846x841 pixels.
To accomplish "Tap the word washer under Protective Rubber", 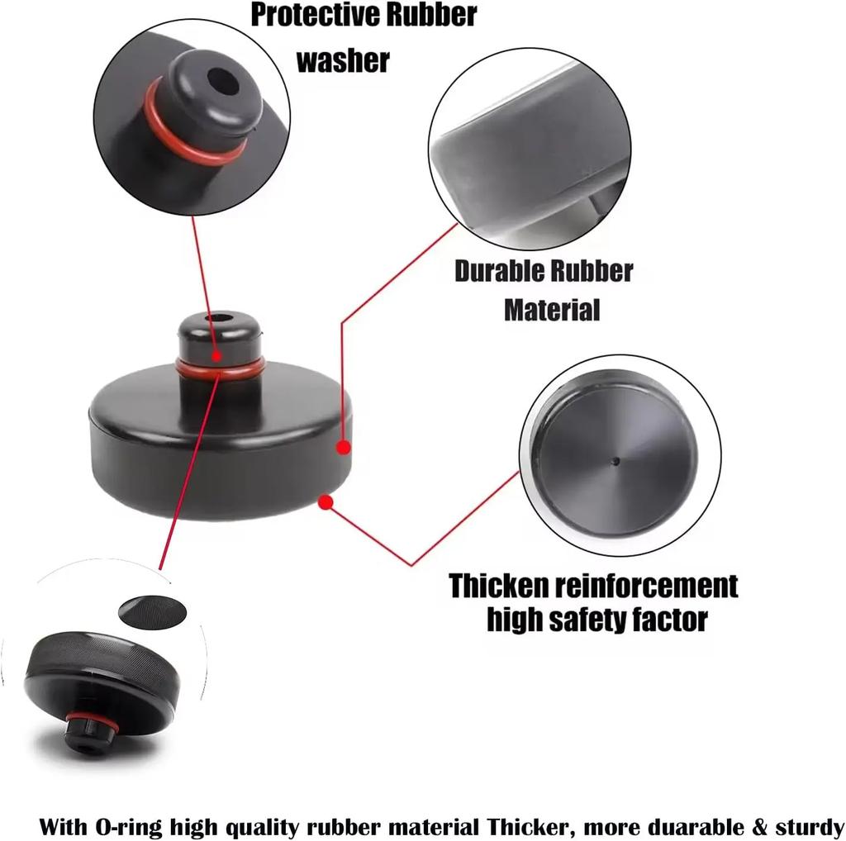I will pyautogui.click(x=342, y=60).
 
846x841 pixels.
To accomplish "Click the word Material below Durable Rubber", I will pyautogui.click(x=551, y=310).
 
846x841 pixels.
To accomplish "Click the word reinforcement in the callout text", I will pyautogui.click(x=644, y=586).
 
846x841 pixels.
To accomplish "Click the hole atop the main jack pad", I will pyautogui.click(x=219, y=318).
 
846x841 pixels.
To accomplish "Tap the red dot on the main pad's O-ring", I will pyautogui.click(x=216, y=356).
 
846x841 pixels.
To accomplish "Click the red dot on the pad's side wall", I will pyautogui.click(x=344, y=447).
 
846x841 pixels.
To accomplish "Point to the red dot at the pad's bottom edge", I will pyautogui.click(x=326, y=501).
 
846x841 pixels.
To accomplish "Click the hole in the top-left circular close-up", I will pyautogui.click(x=221, y=82).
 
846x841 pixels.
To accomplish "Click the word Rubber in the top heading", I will pyautogui.click(x=435, y=14).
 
